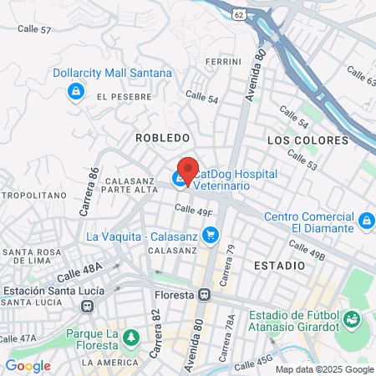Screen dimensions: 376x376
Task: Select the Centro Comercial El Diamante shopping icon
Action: click(x=366, y=221)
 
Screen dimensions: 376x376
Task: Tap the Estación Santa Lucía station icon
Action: click(x=86, y=306)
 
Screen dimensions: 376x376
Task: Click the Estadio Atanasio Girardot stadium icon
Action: click(x=352, y=318)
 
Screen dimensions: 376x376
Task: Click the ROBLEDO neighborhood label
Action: click(x=162, y=136)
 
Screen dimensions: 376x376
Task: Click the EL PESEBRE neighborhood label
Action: click(x=124, y=97)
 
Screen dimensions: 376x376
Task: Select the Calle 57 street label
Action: click(x=34, y=29)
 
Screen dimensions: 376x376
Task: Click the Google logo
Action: click(x=28, y=365)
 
